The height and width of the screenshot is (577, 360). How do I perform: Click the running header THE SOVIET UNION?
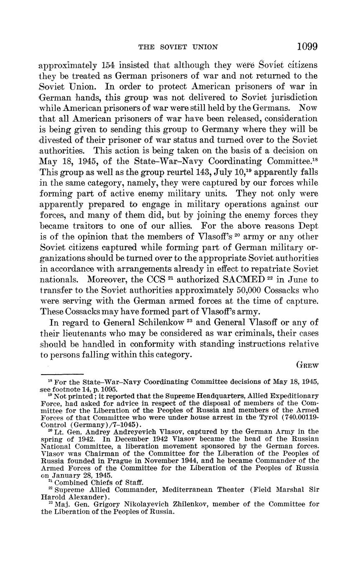[178, 47]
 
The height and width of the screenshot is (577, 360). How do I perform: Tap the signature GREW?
[307, 365]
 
